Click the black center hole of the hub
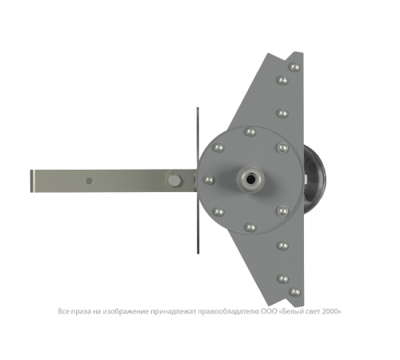pyautogui.click(x=250, y=179)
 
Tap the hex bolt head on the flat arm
pyautogui.click(x=174, y=181)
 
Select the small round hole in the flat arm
pyautogui.click(x=90, y=181)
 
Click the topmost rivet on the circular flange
pyautogui.click(x=250, y=132)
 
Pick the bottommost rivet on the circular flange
pyautogui.click(x=250, y=227)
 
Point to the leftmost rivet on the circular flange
pyautogui.click(x=209, y=180)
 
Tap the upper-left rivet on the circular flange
pyautogui.click(x=218, y=147)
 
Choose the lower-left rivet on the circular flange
pyautogui.click(x=218, y=212)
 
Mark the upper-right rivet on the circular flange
pyautogui.click(x=282, y=147)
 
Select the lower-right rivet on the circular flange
pyautogui.click(x=282, y=211)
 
